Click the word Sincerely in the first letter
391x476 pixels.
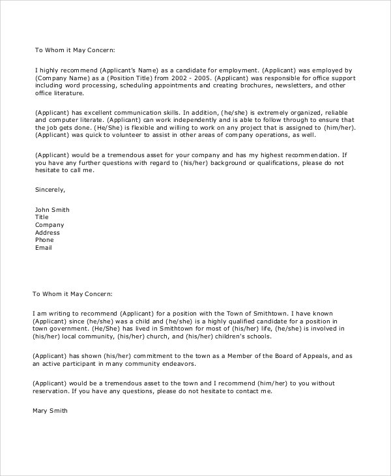[50, 190]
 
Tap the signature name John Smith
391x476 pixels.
[52, 210]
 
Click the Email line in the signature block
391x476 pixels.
[43, 248]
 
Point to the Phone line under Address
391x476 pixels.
[44, 240]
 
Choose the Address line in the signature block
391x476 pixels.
[47, 233]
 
